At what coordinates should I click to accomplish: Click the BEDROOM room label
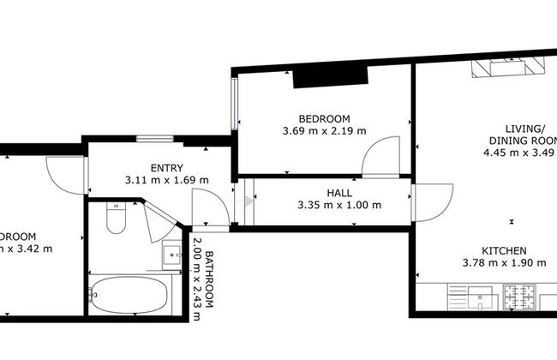tap(324, 118)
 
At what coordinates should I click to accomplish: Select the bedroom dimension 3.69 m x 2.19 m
tap(324, 131)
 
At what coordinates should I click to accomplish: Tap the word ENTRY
tap(166, 168)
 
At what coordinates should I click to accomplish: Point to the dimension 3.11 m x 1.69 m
tap(166, 181)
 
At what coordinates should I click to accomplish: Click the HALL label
tap(338, 193)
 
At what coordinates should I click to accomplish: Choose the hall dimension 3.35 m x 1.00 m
tap(338, 205)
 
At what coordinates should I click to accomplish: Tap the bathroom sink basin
tap(172, 255)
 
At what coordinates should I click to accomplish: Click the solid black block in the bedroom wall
tap(318, 76)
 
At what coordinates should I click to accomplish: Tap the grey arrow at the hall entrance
tap(249, 202)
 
